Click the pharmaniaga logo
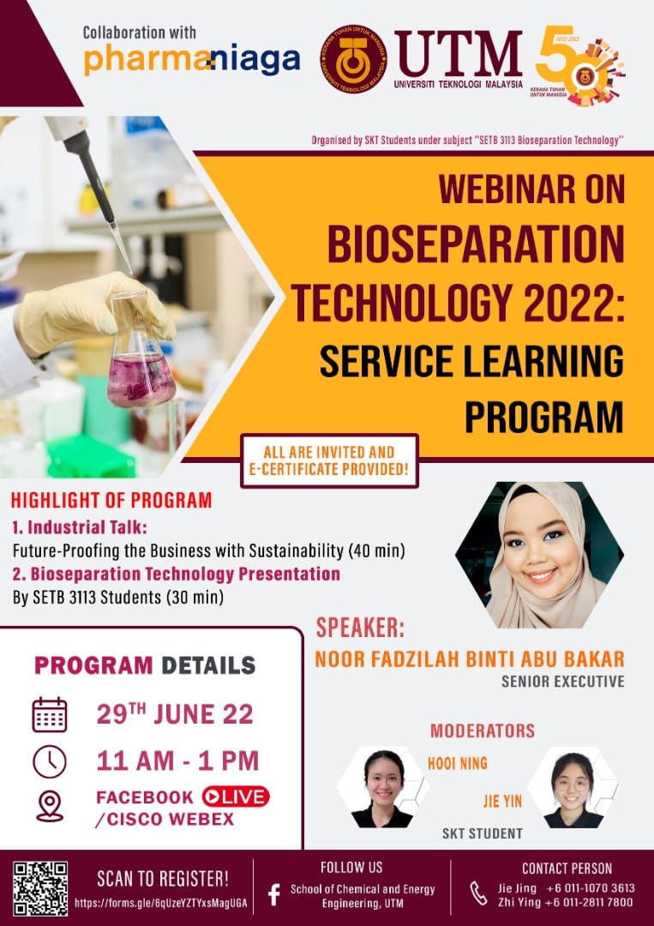point(192,60)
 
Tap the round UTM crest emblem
point(353,59)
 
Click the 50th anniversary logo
point(579,66)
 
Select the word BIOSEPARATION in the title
point(476,245)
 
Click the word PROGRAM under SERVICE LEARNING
point(543,417)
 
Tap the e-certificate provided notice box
point(329,461)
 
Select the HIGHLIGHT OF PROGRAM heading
point(111,500)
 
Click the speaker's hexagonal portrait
point(539,555)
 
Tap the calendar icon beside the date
point(50,714)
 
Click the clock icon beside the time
point(50,762)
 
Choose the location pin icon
point(50,807)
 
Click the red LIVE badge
point(236,797)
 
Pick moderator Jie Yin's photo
point(573,789)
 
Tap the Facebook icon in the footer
point(274,894)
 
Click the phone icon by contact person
point(478,893)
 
